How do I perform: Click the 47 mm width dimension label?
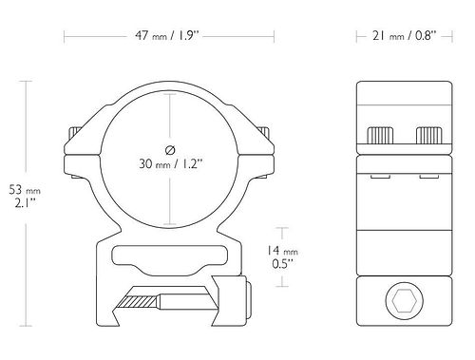pos(167,35)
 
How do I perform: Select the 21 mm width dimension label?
pos(405,35)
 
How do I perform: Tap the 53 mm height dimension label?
pos(25,190)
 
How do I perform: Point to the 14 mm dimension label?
pos(282,251)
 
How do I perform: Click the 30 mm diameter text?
pos(170,163)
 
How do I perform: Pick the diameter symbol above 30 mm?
pos(170,150)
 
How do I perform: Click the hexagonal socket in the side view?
pos(405,301)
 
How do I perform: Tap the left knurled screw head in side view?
pos(380,135)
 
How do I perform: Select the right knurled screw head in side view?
pos(429,135)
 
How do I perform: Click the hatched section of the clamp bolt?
pos(138,301)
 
